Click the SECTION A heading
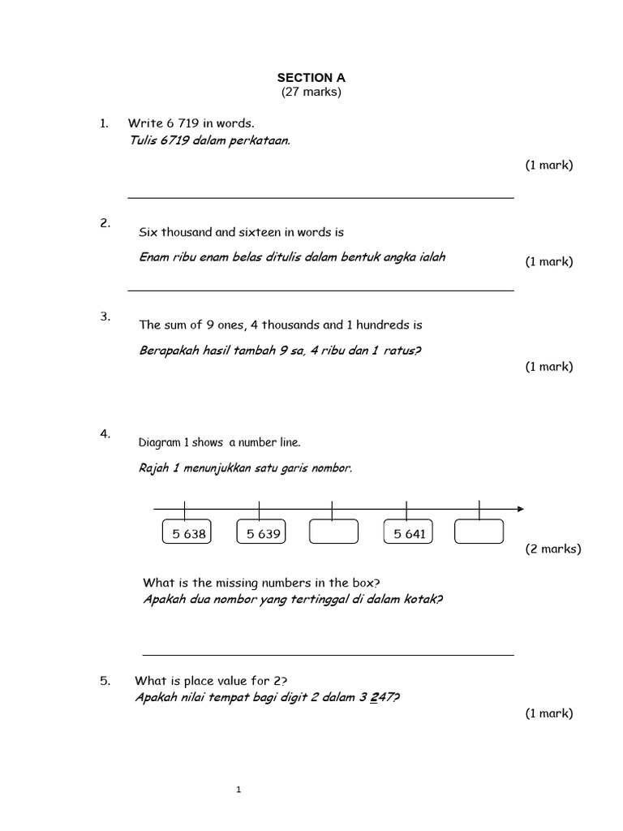click(x=311, y=78)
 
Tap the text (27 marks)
click(x=311, y=92)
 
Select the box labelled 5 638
click(x=186, y=532)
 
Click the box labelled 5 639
click(x=260, y=532)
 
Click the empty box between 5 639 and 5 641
click(x=333, y=532)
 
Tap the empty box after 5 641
click(x=479, y=532)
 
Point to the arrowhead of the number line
click(x=520, y=510)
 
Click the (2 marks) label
click(x=553, y=549)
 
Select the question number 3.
click(x=105, y=317)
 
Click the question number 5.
click(x=105, y=682)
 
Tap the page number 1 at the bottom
click(x=238, y=790)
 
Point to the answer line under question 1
click(x=320, y=197)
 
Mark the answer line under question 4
click(x=328, y=654)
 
